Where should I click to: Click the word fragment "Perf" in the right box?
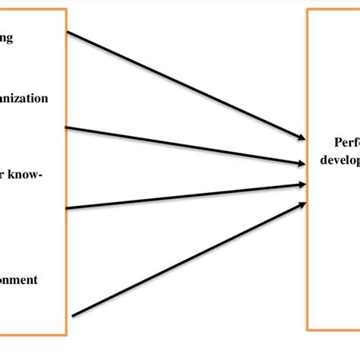point(346,142)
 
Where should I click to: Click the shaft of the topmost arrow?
point(182,84)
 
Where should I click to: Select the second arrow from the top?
point(182,145)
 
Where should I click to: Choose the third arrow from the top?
point(182,196)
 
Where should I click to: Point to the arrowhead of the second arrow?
point(302,163)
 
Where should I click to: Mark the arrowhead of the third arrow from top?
point(302,183)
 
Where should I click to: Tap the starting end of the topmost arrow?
point(68,32)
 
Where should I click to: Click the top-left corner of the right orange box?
point(308,10)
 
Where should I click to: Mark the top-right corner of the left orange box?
point(67,10)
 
